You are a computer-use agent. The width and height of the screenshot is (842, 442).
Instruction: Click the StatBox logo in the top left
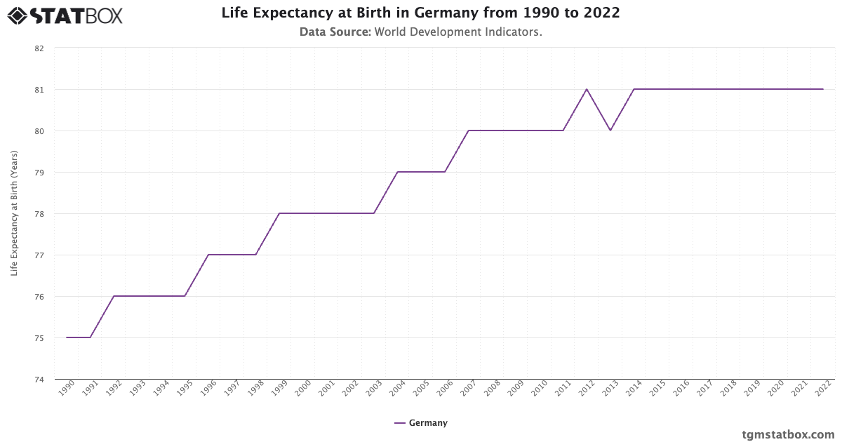coord(65,15)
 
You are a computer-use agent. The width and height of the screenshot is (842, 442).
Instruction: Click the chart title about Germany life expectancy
coord(420,13)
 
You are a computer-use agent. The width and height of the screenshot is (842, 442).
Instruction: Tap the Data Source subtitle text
coord(420,32)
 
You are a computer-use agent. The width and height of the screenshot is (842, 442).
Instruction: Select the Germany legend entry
coord(421,423)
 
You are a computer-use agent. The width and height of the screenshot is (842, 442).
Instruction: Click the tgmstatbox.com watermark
coord(788,434)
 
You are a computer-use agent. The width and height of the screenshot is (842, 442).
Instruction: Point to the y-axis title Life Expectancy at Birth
coord(14,213)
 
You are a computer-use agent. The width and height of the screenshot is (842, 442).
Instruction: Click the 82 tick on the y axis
coord(39,48)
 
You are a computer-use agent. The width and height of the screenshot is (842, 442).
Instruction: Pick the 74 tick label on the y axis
coord(39,380)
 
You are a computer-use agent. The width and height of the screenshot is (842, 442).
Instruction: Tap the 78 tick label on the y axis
coord(39,214)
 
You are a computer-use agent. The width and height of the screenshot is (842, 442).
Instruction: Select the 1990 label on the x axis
coord(66,389)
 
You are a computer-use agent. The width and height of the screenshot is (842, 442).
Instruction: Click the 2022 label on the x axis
coord(823,389)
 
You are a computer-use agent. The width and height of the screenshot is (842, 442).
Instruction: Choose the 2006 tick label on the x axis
coord(444,389)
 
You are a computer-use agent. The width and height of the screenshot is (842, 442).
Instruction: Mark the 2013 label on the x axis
coord(610,389)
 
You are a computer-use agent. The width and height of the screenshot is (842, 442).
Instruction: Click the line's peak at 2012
coord(587,89)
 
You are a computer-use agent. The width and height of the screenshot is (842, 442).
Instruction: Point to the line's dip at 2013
coord(610,130)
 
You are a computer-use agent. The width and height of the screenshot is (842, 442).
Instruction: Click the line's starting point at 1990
coord(67,337)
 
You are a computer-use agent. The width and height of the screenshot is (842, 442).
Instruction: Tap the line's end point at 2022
coord(823,89)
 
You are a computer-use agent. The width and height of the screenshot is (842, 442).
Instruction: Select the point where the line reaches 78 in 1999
coord(279,213)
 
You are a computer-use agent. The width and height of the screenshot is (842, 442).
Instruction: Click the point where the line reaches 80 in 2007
coord(469,130)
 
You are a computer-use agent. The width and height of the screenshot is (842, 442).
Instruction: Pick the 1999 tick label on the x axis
coord(279,389)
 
